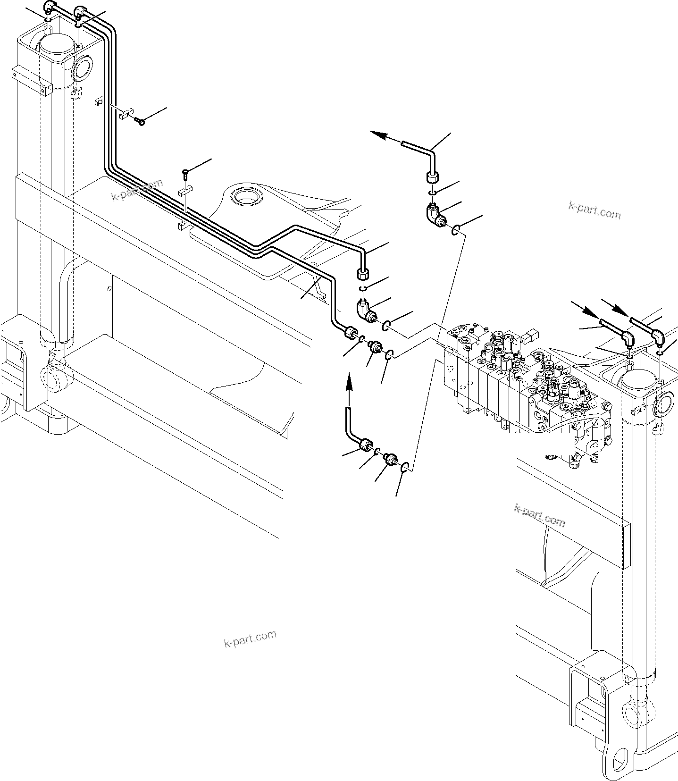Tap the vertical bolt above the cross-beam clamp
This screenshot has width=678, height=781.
185,174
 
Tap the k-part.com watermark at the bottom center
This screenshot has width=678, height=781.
250,639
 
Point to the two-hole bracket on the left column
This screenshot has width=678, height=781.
32,80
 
